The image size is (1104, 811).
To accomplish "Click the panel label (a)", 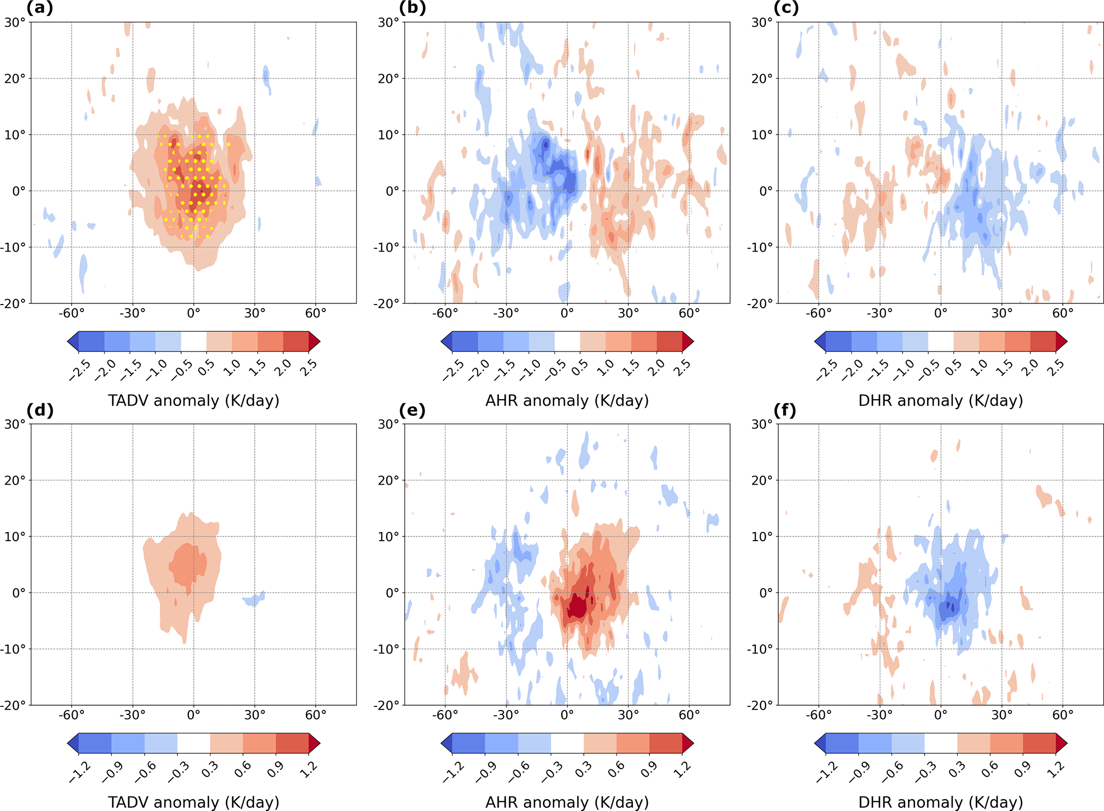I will coord(40,9).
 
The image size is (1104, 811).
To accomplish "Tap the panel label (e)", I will coord(412,410).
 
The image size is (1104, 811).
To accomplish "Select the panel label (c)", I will coord(786,9).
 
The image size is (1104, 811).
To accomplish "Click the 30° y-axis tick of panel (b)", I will coord(388,22).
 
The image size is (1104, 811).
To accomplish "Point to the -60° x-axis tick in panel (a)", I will coord(72,313).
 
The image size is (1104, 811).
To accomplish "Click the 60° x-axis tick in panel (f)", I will coord(1062,715).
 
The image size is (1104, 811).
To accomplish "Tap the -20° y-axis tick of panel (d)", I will coord(15,705).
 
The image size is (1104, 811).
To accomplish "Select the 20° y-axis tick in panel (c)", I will coord(762,79).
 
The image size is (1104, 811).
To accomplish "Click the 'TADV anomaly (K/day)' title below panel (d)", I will coord(193,802).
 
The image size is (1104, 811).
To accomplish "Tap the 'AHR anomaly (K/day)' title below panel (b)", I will coord(567,400).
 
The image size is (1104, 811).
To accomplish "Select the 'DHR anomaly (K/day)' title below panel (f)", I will coord(940,802).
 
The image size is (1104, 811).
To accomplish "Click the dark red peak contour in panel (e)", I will coord(577,606).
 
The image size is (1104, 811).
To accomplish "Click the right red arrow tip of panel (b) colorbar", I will coord(690,341).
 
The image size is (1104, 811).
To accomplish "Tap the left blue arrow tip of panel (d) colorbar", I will coord(72,743).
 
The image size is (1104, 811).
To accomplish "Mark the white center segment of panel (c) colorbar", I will coord(940,341).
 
